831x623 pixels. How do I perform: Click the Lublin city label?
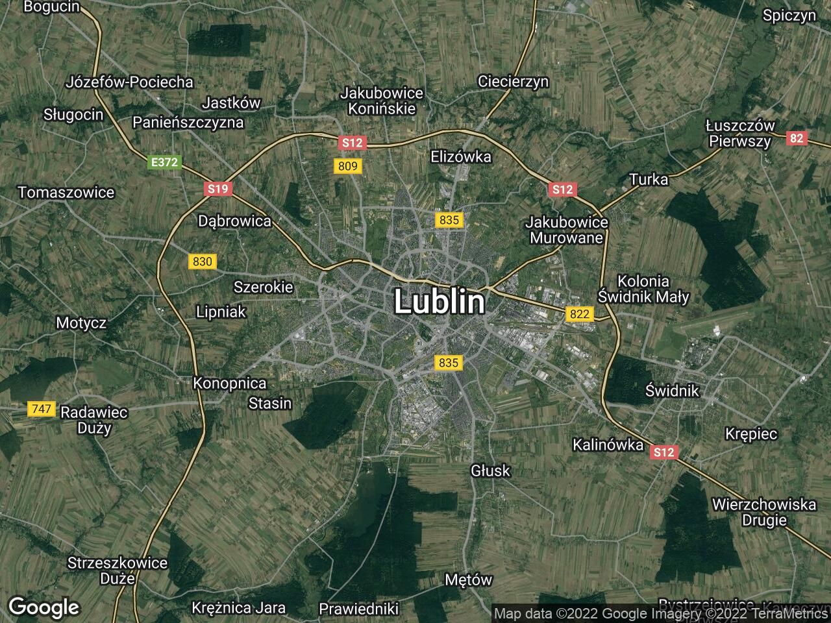click(439, 302)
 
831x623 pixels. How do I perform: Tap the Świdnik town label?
click(672, 390)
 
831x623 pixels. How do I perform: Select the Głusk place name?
click(491, 470)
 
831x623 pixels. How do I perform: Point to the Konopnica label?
click(230, 383)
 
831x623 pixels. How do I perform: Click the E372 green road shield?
click(164, 162)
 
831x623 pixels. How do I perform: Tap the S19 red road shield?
click(217, 189)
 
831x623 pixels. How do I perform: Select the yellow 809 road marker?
click(348, 166)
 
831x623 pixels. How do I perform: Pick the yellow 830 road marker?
click(203, 262)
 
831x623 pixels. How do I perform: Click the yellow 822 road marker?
click(579, 314)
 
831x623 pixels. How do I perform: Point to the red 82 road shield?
click(797, 138)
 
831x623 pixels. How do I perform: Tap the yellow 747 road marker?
click(41, 409)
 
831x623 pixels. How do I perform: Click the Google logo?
click(43, 607)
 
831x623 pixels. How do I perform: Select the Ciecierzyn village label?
click(513, 81)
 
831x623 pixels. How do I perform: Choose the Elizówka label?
click(461, 156)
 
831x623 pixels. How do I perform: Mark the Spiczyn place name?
click(789, 16)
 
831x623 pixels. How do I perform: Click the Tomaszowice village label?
click(66, 192)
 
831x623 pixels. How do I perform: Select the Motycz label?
click(81, 323)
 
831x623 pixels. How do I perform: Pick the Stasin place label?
click(270, 403)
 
